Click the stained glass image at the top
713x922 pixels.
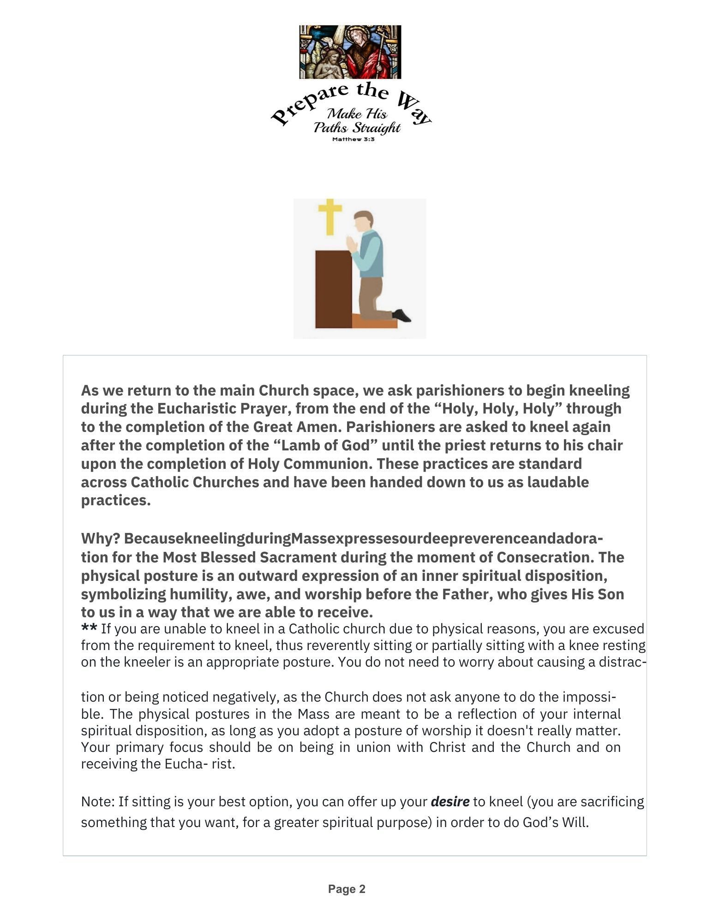click(x=350, y=52)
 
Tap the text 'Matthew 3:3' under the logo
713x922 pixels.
click(x=353, y=139)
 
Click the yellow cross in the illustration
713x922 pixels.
click(x=330, y=216)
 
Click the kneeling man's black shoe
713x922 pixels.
click(x=401, y=316)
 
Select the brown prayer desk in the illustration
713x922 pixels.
click(x=333, y=289)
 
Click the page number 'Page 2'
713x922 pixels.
click(x=347, y=889)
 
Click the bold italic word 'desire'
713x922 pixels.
click(x=450, y=802)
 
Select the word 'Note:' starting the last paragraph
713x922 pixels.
click(x=98, y=802)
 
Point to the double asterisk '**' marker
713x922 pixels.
click(x=89, y=628)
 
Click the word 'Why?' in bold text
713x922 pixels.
click(x=101, y=538)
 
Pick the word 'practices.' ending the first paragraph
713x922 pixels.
click(x=116, y=501)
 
